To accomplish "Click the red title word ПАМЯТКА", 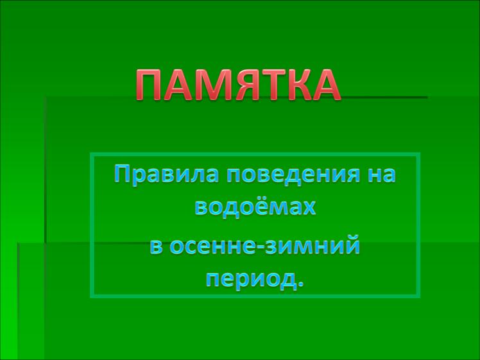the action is click(238, 85).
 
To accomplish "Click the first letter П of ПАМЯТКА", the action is click(149, 85).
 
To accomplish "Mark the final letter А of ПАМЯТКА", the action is click(325, 85).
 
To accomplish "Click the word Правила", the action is click(167, 174).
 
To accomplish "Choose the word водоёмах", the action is click(255, 207).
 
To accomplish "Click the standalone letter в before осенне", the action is click(156, 246).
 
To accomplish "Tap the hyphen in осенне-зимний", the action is click(260, 248).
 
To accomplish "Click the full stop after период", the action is click(300, 284).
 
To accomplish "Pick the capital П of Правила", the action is click(123, 174).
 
